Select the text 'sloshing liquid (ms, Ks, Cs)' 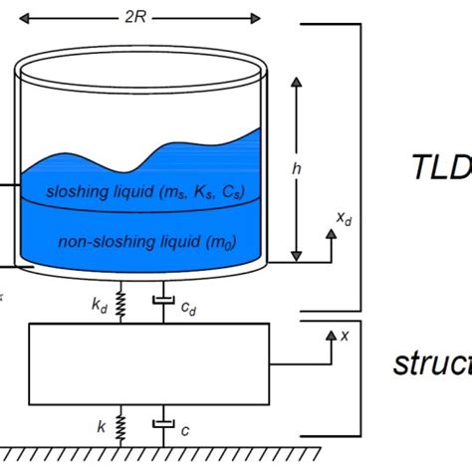[146, 190]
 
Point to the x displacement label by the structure [345, 336]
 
